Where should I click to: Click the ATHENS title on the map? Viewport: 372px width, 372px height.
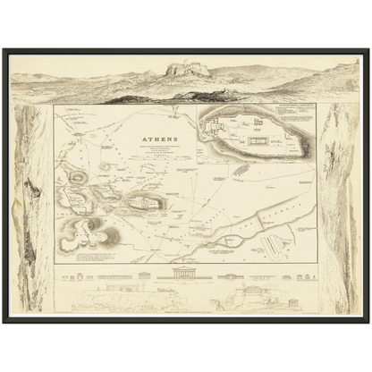[x=158, y=139]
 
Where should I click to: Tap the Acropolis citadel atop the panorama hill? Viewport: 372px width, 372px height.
[x=188, y=68]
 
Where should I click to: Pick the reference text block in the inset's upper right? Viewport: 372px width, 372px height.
[x=296, y=115]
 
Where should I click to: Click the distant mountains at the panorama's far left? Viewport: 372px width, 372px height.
[x=36, y=79]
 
